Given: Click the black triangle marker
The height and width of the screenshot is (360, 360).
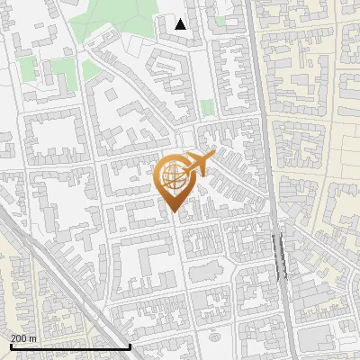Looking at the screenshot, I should point(181,24).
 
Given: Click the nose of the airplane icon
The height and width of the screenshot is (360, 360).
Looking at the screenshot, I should point(214,156).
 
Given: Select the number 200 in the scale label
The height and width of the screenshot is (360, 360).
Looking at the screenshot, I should point(19,338).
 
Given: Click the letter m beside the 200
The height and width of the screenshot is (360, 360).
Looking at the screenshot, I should point(32,338).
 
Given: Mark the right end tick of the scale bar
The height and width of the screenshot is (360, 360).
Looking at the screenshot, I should point(130,345).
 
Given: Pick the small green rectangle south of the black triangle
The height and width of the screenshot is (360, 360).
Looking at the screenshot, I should point(208,108).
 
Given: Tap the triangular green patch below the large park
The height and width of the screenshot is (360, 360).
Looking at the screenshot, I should point(91,68).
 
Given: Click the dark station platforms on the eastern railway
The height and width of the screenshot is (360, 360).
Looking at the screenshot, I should point(278,256).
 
